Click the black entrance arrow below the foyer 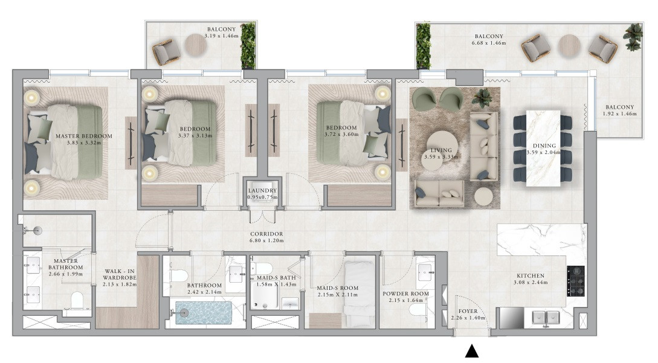coord(472,351)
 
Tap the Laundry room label coord(262,190)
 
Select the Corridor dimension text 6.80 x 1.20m coord(266,241)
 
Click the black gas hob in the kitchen coord(575,281)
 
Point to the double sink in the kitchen coord(546,317)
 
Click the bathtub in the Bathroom coord(203,313)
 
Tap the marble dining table coord(543,148)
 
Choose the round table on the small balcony coord(196,45)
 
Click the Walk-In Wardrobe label coord(120,274)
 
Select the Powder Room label coord(406,294)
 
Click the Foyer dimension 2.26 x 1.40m coord(468,318)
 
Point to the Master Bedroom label coord(84,136)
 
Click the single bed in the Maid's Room coord(360,294)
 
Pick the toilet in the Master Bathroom coord(77,300)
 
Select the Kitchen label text coord(531,275)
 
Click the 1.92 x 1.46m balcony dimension coord(619,114)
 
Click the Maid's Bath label coord(276,278)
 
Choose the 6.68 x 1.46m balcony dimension coord(489,43)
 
